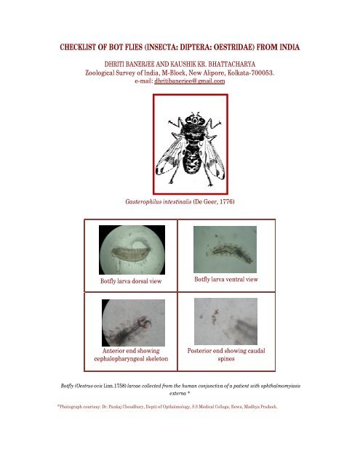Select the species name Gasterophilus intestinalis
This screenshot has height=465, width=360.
160,200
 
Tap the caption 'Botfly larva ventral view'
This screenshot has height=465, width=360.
225,279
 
